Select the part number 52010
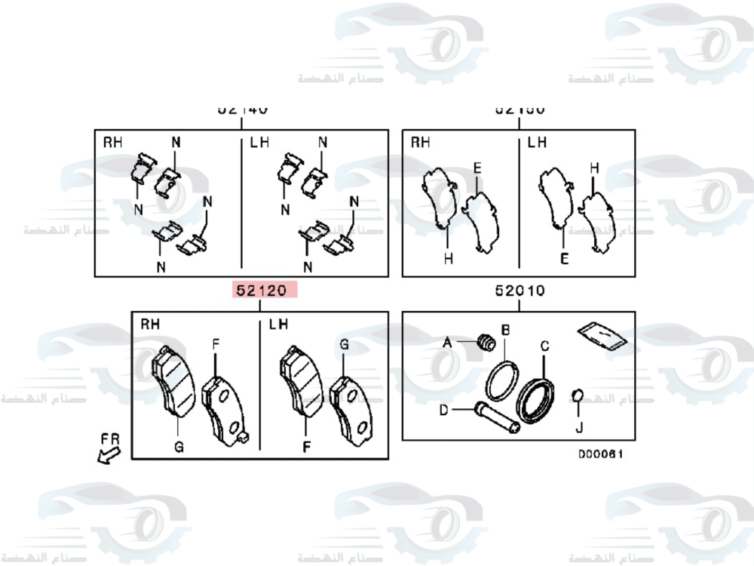click(520, 290)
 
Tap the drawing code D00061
click(600, 454)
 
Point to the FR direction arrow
click(108, 454)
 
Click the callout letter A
click(446, 342)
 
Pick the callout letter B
click(506, 330)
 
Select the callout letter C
click(544, 346)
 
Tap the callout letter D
click(444, 410)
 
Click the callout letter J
click(579, 428)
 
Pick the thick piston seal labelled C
click(536, 401)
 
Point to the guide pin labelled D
click(495, 417)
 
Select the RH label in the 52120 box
click(150, 325)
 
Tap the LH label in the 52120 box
click(278, 325)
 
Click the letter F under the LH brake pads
click(307, 447)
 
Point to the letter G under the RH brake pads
click(179, 447)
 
